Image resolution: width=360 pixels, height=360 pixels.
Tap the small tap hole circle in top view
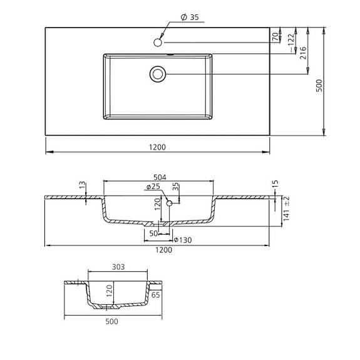tap(158, 42)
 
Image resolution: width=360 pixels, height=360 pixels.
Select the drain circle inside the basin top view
tap(158, 74)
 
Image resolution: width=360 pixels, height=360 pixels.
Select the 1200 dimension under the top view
tap(157, 147)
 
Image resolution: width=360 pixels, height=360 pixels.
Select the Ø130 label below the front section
tap(183, 240)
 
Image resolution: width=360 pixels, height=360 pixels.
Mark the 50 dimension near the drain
tap(153, 233)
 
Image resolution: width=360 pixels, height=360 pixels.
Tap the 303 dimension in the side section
tap(118, 267)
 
